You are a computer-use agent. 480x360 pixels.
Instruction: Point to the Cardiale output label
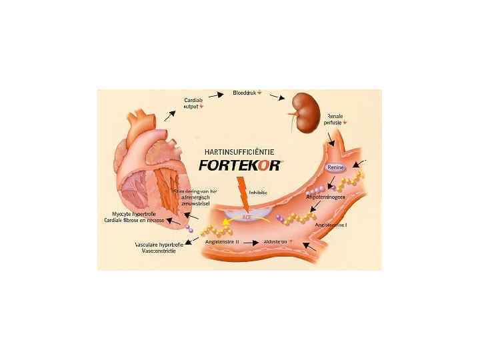click(x=194, y=103)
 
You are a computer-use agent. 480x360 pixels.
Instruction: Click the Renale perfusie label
click(x=337, y=119)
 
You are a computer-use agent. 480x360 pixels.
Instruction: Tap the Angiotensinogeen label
click(x=325, y=198)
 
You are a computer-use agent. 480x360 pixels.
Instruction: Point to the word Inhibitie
click(x=257, y=193)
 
